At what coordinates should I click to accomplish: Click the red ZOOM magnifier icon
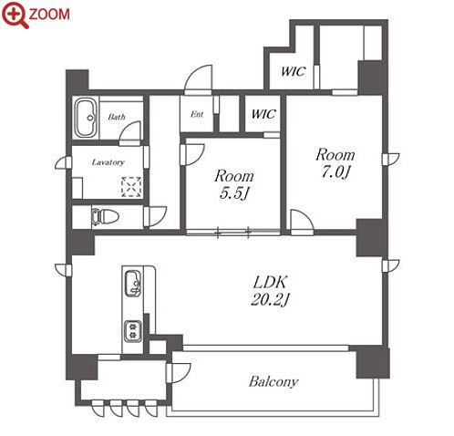coord(15,15)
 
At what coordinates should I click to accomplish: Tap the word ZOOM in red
coord(49,15)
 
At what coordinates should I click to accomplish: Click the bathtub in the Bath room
coord(86,118)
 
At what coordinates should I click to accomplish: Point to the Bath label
coord(117,117)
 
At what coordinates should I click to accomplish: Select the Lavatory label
coord(108,162)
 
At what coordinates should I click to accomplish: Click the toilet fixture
coord(105,217)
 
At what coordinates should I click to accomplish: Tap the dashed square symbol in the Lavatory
coord(131,186)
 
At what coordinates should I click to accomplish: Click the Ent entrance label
coord(197,114)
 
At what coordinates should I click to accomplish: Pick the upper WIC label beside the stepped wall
coord(293,71)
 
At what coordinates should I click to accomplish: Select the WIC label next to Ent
coord(263,114)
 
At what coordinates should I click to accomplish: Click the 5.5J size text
coord(234,193)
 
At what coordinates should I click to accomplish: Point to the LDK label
coord(270,283)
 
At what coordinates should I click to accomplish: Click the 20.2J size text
coord(270,300)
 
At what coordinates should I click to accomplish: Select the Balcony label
coord(273,382)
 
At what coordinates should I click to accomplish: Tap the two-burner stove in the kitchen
coord(133,331)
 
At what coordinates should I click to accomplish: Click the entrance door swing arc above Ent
coord(198,78)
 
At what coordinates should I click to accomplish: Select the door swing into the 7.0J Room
coord(302,221)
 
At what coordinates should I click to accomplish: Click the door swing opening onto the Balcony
coord(179,373)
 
